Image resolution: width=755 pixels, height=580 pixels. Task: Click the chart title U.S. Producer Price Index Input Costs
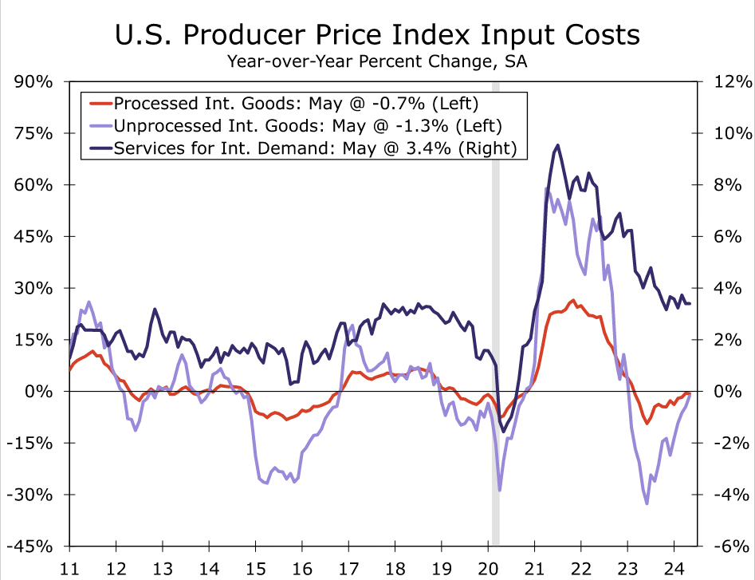click(x=377, y=36)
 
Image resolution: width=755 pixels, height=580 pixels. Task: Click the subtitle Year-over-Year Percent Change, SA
click(x=377, y=61)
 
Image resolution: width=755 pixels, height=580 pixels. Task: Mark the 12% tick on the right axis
click(x=733, y=82)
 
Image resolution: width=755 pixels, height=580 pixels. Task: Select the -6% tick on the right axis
click(x=733, y=546)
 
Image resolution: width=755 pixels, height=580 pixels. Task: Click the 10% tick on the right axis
click(x=733, y=133)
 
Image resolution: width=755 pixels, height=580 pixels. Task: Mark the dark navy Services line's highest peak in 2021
click(x=557, y=145)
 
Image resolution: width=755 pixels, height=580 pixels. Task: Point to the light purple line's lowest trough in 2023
click(x=647, y=503)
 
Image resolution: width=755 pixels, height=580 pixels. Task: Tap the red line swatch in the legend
click(x=100, y=103)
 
